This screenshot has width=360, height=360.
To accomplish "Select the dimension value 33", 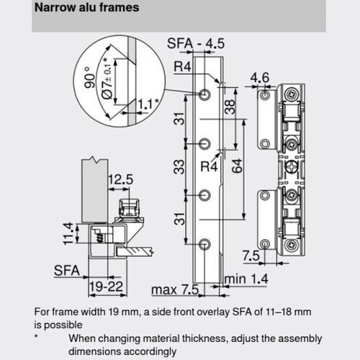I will click(177, 168).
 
